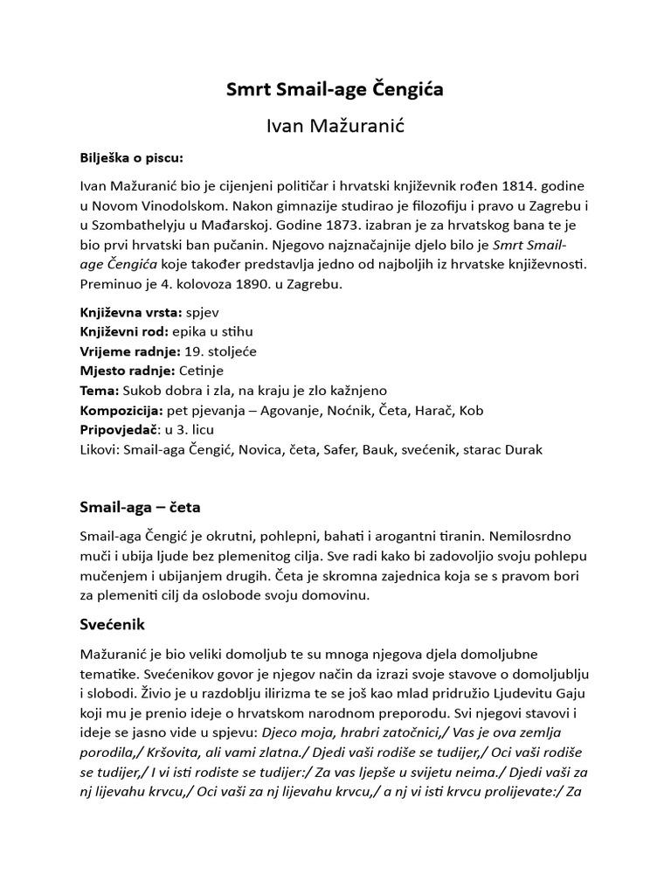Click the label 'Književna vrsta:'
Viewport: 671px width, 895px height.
click(x=130, y=312)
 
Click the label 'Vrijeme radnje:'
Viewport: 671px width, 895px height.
click(x=129, y=350)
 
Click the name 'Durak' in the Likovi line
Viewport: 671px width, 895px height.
click(x=522, y=449)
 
